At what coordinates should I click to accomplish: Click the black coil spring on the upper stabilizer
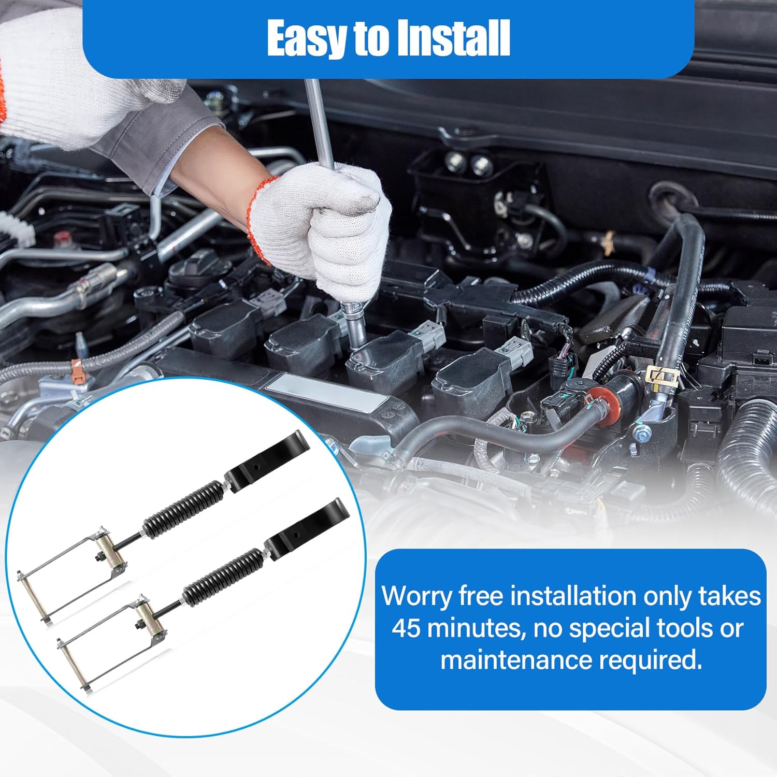[x=184, y=508]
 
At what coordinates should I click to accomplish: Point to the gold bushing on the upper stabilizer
[x=113, y=554]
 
